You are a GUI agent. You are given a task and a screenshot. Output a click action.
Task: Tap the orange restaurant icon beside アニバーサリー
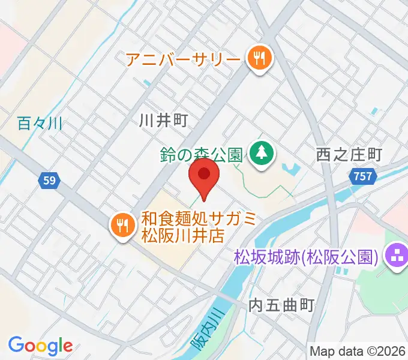(x=260, y=59)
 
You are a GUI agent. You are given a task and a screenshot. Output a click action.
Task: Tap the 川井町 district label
(x=163, y=121)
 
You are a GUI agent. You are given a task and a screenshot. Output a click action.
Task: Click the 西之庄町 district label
(x=349, y=155)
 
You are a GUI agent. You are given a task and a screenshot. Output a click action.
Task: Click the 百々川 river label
(x=40, y=124)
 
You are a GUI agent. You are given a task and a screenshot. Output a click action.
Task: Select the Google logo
(x=40, y=346)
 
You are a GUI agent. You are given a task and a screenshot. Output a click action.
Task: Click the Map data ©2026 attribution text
(x=358, y=350)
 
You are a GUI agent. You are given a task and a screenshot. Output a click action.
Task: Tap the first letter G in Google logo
(x=16, y=345)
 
